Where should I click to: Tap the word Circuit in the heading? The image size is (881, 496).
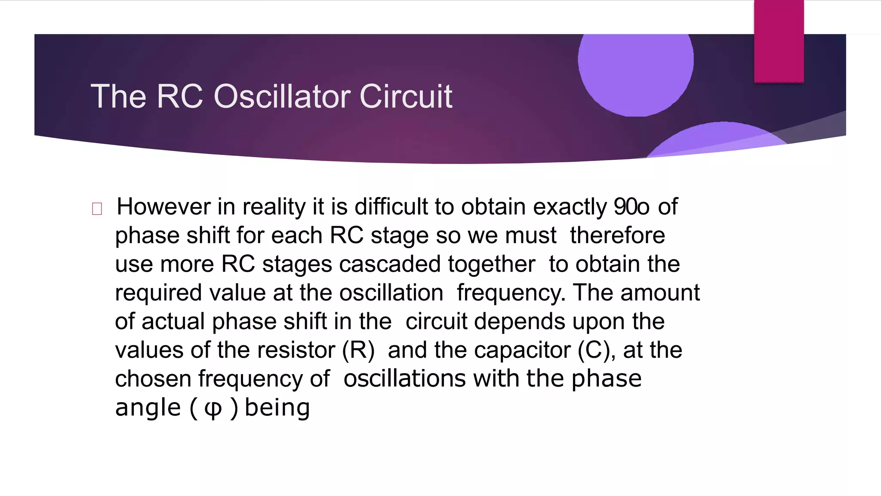[406, 96]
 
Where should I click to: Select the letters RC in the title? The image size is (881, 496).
[179, 96]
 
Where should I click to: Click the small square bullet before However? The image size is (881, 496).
[97, 209]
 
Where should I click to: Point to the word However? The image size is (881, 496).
[163, 207]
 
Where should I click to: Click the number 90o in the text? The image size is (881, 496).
[631, 207]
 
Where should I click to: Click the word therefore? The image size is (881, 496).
[617, 236]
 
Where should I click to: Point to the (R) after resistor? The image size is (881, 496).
[358, 350]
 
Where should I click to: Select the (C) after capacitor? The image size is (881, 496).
[594, 350]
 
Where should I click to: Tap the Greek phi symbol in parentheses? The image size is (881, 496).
[213, 408]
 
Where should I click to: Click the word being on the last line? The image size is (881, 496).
[277, 407]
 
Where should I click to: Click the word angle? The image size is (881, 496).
[148, 408]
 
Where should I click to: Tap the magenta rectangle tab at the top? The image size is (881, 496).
[779, 41]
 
